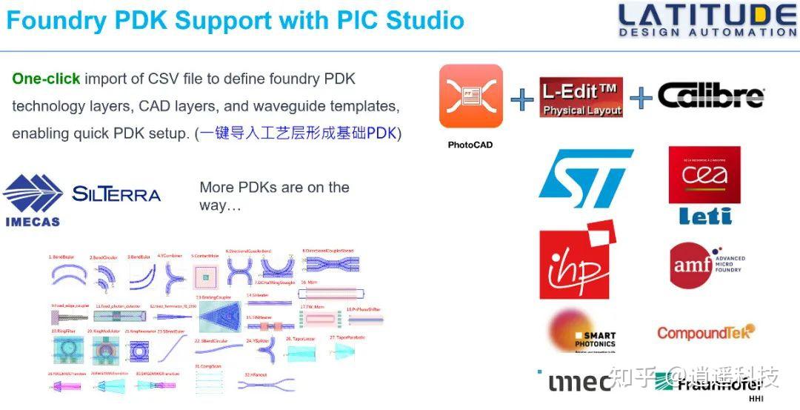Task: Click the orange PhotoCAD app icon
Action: click(x=470, y=96)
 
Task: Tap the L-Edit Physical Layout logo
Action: click(x=580, y=97)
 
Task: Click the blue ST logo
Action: click(x=585, y=179)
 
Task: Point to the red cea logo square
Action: click(x=704, y=174)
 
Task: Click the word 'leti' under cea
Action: click(x=704, y=216)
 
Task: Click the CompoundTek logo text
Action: click(x=705, y=333)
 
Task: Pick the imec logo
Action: click(x=579, y=381)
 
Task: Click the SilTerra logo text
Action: click(x=116, y=194)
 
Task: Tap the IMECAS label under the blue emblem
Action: click(x=33, y=221)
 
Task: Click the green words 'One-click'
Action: click(x=46, y=79)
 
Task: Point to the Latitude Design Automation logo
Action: click(x=707, y=20)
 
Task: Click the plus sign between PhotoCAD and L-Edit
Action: click(x=521, y=99)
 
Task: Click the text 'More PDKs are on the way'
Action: click(x=274, y=196)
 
